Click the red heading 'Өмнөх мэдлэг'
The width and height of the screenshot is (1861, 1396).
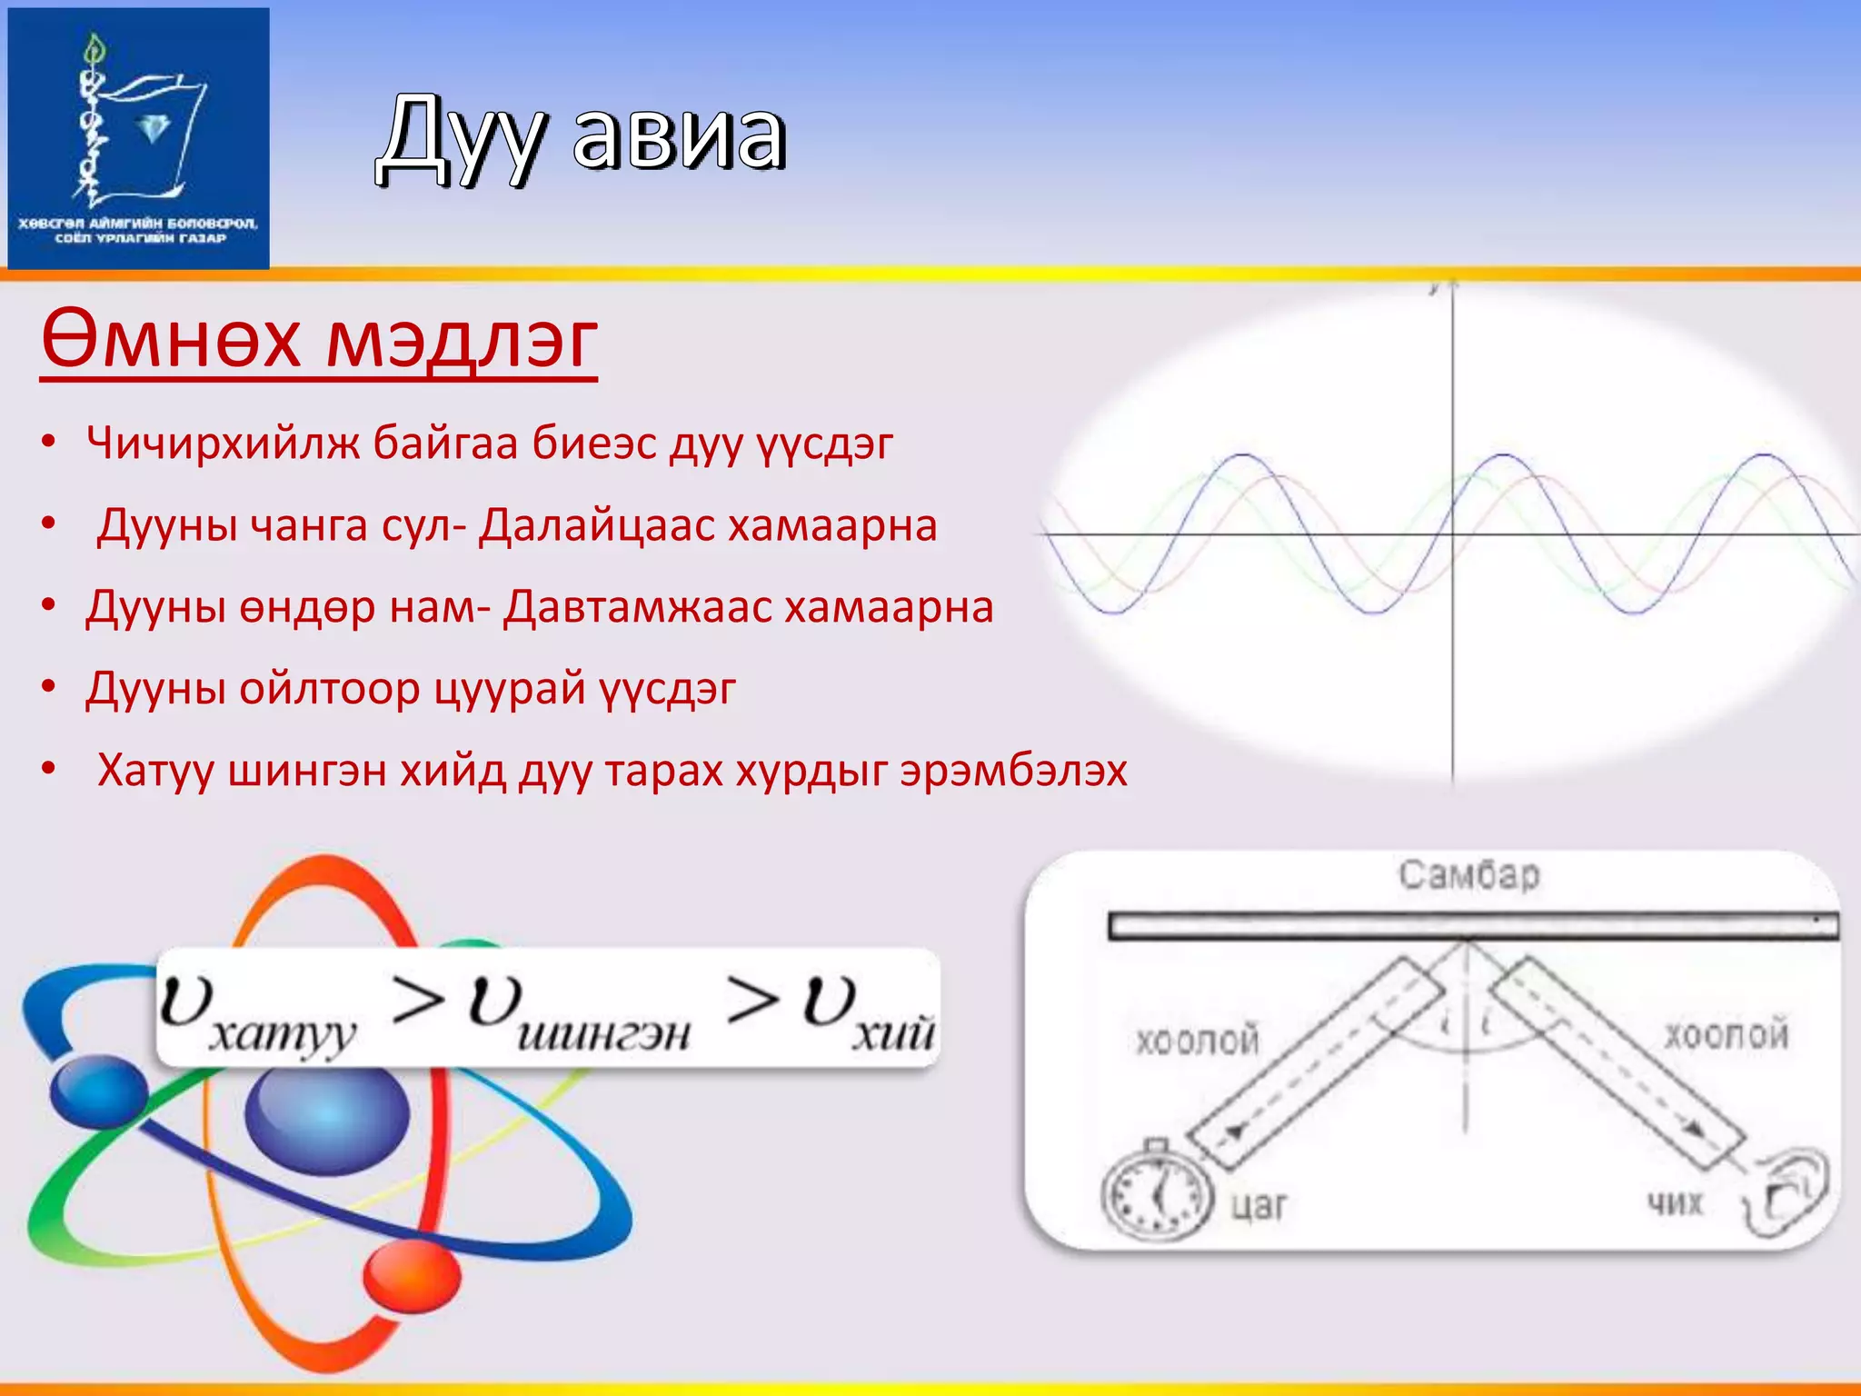coord(319,341)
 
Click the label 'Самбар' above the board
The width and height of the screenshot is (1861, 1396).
coord(1468,874)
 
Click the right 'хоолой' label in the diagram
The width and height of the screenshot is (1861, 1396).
coord(1726,1035)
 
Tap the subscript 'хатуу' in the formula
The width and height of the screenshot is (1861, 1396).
coord(282,1035)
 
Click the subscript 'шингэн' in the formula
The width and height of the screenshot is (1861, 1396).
coord(603,1034)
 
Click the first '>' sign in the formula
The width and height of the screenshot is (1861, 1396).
coord(417,1001)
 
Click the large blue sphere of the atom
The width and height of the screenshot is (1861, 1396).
coord(327,1114)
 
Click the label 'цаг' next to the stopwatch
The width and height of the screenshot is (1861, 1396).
coord(1259,1205)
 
